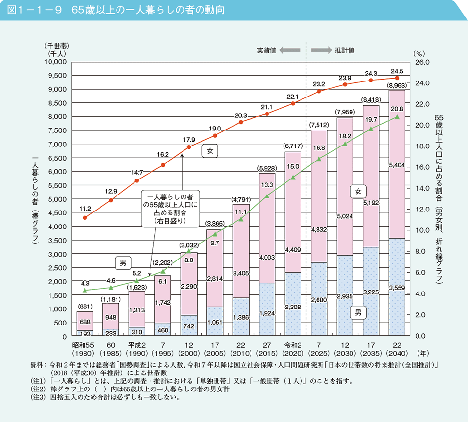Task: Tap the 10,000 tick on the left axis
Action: coord(55,62)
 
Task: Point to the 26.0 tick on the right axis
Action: coord(420,62)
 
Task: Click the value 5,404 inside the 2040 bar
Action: coord(397,165)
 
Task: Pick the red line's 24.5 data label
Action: coord(397,70)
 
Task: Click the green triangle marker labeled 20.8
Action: coord(397,117)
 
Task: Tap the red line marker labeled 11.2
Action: coord(85,218)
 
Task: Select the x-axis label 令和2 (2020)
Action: coord(292,349)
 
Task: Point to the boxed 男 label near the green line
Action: coord(123,263)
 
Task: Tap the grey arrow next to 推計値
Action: coord(320,50)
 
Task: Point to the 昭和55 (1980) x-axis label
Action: coord(85,349)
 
